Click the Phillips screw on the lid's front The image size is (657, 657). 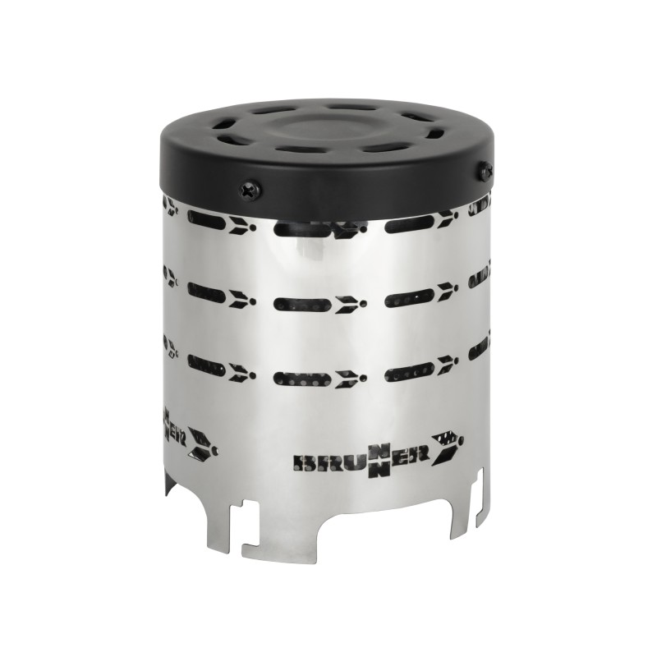click(x=248, y=190)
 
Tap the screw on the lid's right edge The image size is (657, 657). click(x=486, y=171)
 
